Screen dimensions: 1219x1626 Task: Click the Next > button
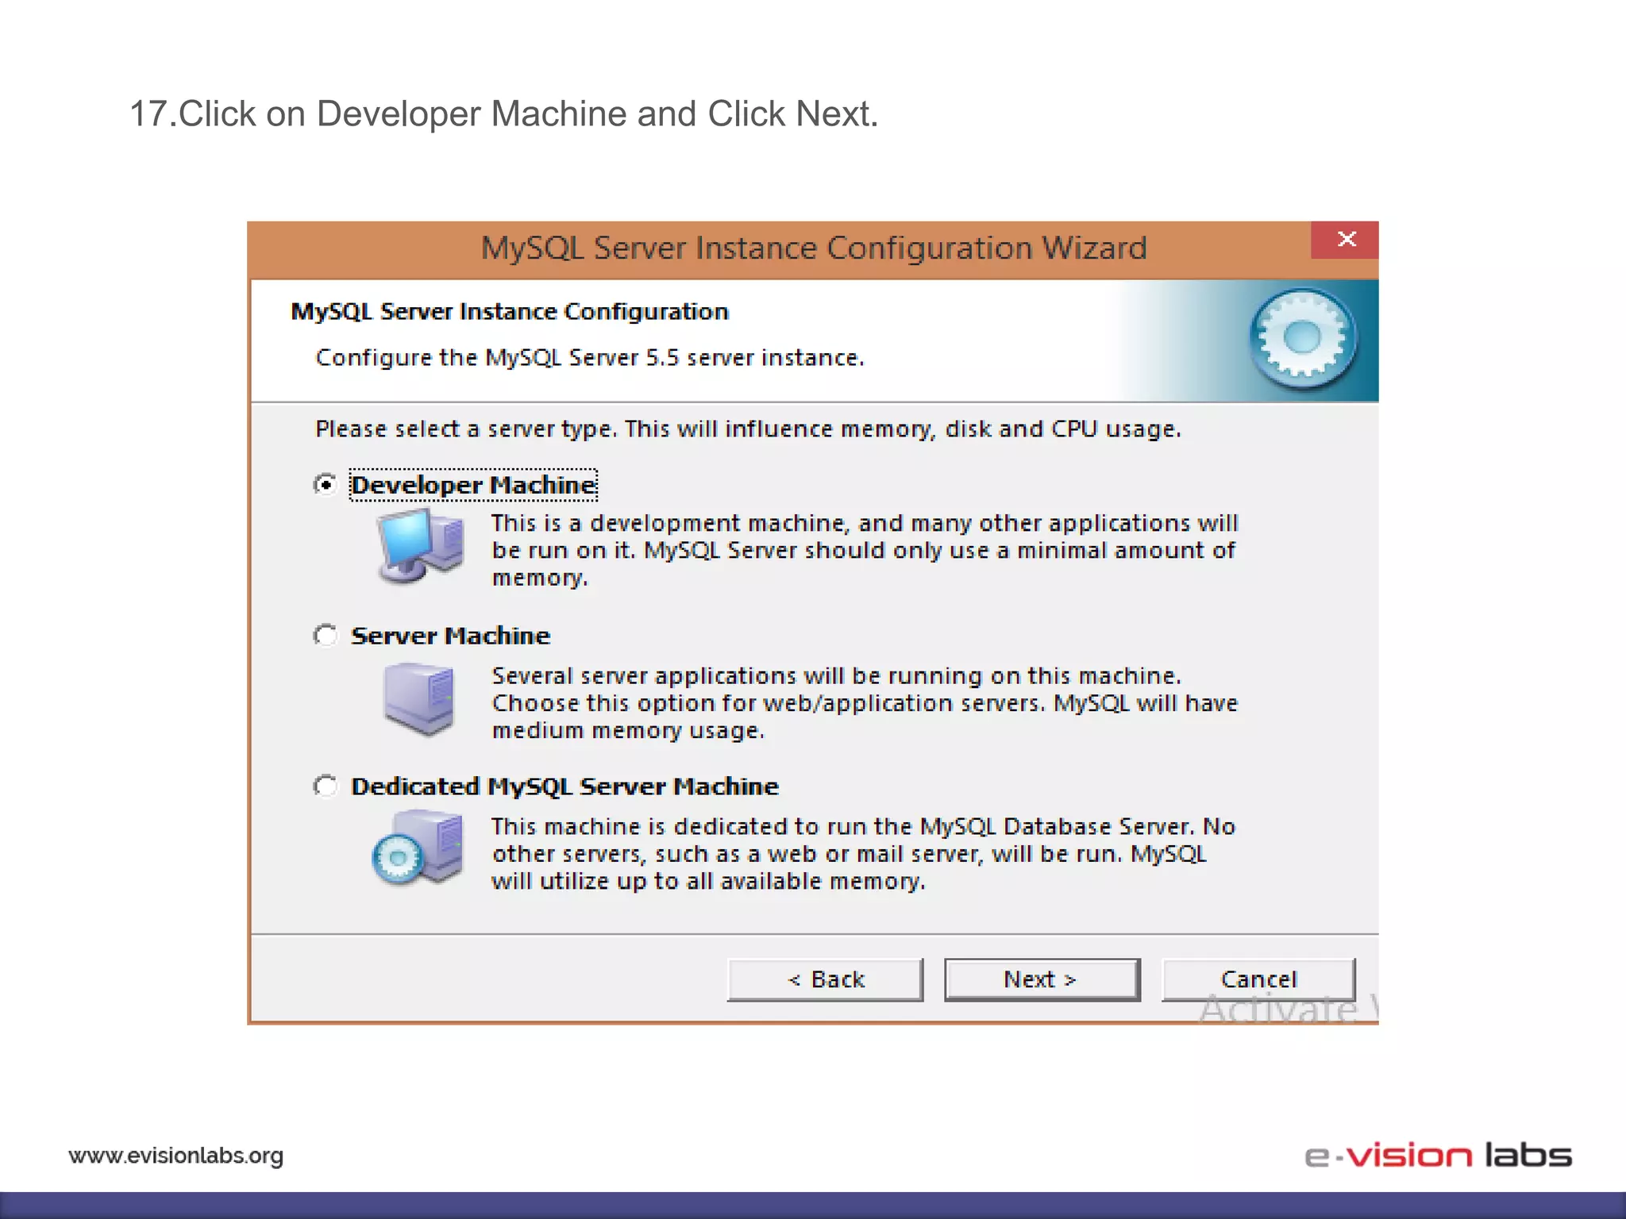pyautogui.click(x=1041, y=979)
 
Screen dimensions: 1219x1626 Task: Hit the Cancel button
pyautogui.click(x=1258, y=979)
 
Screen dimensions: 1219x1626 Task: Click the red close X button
pyautogui.click(x=1346, y=240)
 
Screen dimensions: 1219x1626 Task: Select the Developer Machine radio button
pyautogui.click(x=326, y=484)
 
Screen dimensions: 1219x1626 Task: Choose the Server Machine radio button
pyautogui.click(x=326, y=635)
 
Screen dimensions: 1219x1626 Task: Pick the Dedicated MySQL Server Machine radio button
pyautogui.click(x=326, y=786)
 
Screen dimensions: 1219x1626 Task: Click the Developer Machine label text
pyautogui.click(x=473, y=485)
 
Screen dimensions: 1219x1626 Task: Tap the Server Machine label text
pyautogui.click(x=450, y=636)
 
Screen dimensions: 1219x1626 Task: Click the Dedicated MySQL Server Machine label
pyautogui.click(x=564, y=786)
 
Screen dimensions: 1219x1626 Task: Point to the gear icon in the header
pyautogui.click(x=1302, y=339)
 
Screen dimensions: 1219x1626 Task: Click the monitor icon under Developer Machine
pyautogui.click(x=418, y=546)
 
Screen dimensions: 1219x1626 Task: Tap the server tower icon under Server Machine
pyautogui.click(x=418, y=699)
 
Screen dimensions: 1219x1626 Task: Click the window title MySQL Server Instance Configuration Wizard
pyautogui.click(x=814, y=248)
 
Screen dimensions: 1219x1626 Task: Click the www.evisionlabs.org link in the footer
pyautogui.click(x=176, y=1156)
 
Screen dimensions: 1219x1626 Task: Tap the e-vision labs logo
pyautogui.click(x=1438, y=1156)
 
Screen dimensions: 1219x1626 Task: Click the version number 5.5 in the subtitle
pyautogui.click(x=662, y=358)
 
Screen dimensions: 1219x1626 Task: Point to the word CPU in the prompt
pyautogui.click(x=1073, y=429)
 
